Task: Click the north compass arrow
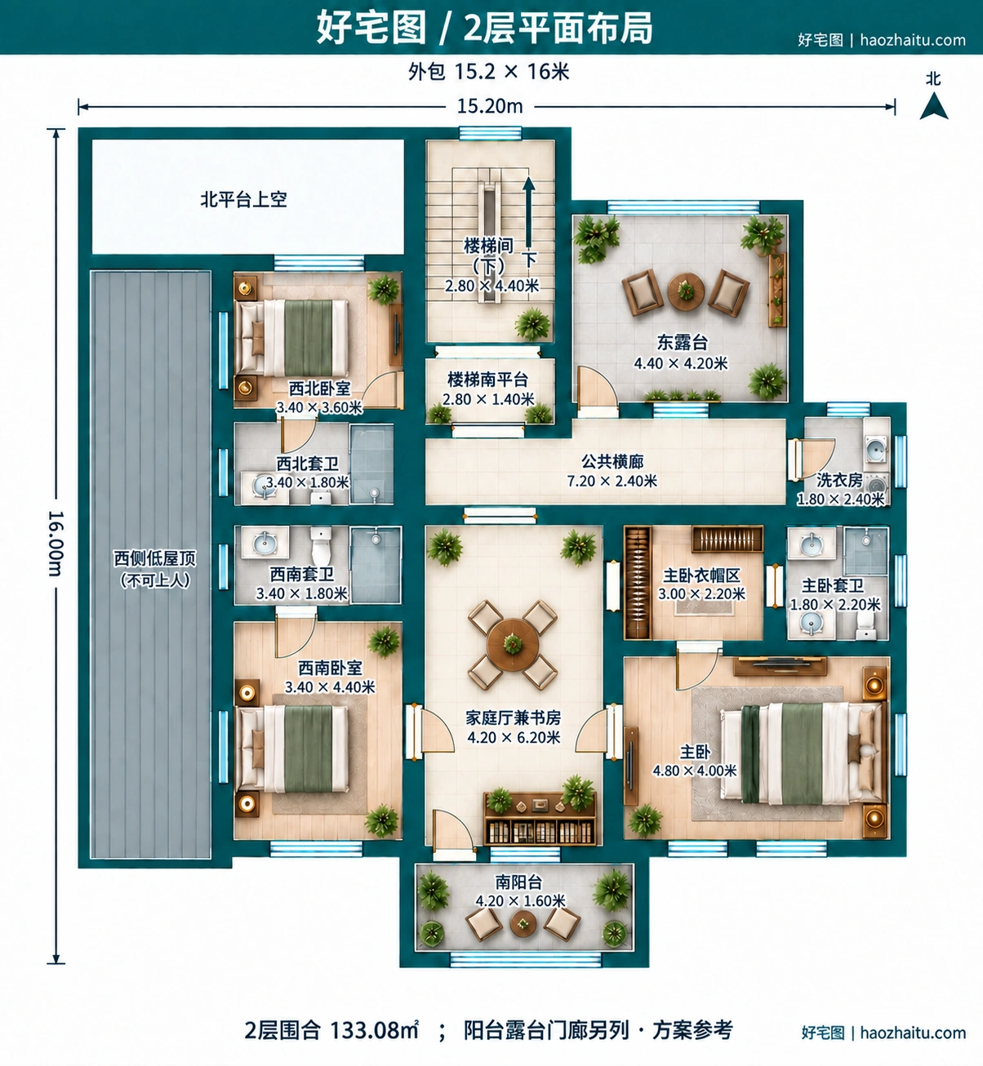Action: pyautogui.click(x=933, y=106)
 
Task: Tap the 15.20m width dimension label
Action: pyautogui.click(x=490, y=106)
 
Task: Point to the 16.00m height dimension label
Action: pyautogui.click(x=56, y=544)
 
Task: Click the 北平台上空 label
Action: pyautogui.click(x=244, y=200)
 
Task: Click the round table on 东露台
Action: pyautogui.click(x=686, y=291)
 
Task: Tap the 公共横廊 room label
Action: pyautogui.click(x=612, y=461)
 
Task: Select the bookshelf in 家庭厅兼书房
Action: pyautogui.click(x=540, y=819)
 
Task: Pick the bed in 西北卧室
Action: pyautogui.click(x=293, y=338)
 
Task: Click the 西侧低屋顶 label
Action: pyautogui.click(x=154, y=559)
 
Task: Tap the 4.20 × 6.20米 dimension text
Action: pyautogui.click(x=514, y=738)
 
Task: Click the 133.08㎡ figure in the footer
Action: pyautogui.click(x=374, y=1029)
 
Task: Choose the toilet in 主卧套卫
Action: pyautogui.click(x=865, y=624)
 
